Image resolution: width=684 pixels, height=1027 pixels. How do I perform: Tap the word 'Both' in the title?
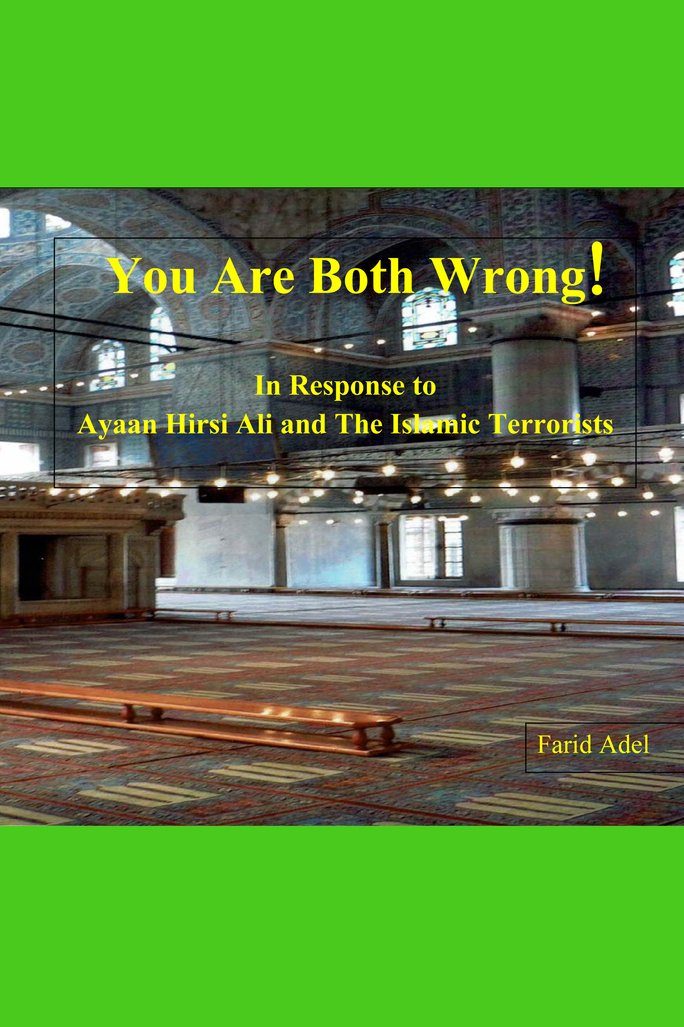pyautogui.click(x=362, y=276)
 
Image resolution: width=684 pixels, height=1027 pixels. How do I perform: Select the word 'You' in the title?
pyautogui.click(x=152, y=276)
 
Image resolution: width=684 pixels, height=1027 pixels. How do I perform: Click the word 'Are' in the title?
pyautogui.click(x=253, y=276)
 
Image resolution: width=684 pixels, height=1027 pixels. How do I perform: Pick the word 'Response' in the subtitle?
pyautogui.click(x=347, y=386)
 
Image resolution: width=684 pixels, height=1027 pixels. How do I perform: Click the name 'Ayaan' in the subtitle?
pyautogui.click(x=117, y=424)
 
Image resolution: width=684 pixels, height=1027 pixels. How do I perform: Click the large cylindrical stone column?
pyautogui.click(x=536, y=380)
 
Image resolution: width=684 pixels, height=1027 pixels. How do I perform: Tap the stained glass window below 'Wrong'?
pyautogui.click(x=429, y=320)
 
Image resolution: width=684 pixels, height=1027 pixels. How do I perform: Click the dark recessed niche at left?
pyautogui.click(x=63, y=568)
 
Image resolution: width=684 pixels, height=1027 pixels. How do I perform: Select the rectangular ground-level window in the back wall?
pyautogui.click(x=431, y=548)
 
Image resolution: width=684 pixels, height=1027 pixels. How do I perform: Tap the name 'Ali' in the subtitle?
pyautogui.click(x=254, y=424)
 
